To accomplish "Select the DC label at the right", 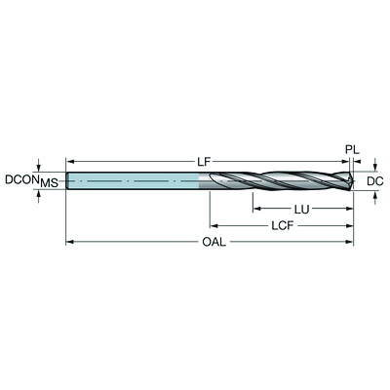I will (374, 180).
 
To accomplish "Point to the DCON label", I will (21, 180).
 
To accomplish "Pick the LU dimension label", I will (302, 208).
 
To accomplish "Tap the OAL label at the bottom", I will (210, 243).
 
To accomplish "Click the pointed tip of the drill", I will (352, 180).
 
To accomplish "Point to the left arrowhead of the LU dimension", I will (255, 208).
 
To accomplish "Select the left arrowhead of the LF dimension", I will (69, 160).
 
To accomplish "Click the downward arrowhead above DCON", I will (39, 167).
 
